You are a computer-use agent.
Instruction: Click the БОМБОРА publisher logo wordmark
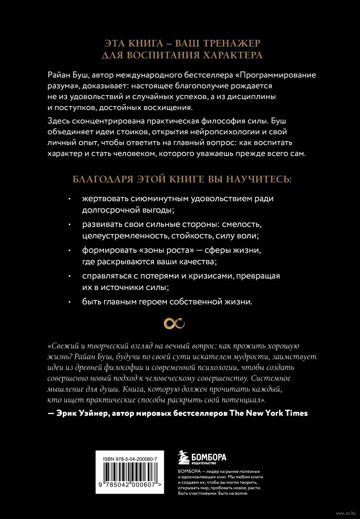(208, 456)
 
